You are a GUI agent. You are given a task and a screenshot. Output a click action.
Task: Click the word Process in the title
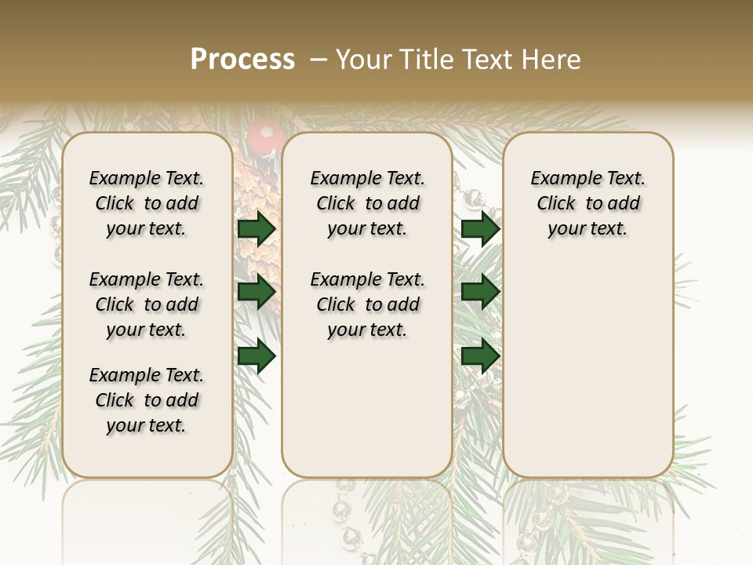242,60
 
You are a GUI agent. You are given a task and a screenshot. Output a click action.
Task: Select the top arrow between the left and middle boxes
256,229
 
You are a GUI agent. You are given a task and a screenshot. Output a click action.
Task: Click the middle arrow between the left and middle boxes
256,292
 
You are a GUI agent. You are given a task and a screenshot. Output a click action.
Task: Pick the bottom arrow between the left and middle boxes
256,356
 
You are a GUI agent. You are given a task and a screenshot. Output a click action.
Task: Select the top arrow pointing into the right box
480,229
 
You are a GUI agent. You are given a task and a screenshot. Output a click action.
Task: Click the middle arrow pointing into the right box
480,292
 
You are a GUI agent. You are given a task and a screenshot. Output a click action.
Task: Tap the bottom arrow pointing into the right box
480,356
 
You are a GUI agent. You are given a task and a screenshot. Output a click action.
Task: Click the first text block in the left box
147,203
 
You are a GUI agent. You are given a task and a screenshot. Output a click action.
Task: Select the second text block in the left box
147,304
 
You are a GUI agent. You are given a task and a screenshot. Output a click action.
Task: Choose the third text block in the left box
147,400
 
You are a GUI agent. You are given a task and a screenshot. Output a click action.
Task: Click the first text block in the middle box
368,203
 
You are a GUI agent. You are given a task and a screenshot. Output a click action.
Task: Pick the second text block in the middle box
368,304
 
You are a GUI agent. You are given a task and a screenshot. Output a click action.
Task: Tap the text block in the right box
588,203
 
